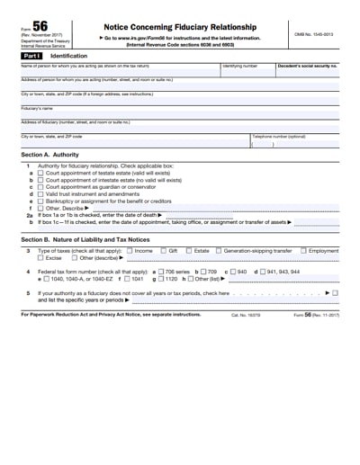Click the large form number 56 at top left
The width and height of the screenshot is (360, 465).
[40, 29]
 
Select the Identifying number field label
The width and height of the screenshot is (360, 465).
[239, 66]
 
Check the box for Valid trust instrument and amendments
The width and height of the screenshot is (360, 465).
[40, 193]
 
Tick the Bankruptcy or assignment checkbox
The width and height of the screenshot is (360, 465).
[40, 201]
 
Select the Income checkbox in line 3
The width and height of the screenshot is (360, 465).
[129, 251]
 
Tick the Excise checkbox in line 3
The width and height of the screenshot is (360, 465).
[40, 258]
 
